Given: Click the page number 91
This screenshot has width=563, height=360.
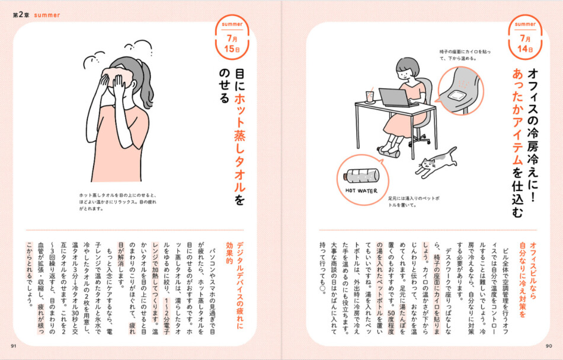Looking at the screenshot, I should point(14,346).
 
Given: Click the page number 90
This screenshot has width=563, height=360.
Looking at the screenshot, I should point(548,346).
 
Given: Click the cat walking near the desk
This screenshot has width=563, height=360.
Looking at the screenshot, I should point(436,161).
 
